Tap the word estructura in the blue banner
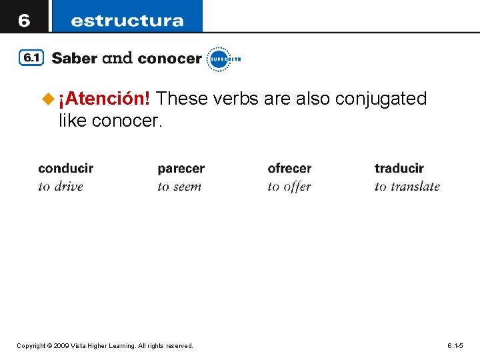point(127,20)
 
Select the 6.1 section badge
point(31,59)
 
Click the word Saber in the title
point(73,59)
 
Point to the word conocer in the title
point(170,59)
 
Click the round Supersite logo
point(219,59)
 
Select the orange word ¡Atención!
point(104,99)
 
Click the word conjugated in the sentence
point(381,99)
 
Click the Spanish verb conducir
point(66,168)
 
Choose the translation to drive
point(61,186)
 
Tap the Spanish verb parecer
point(181,168)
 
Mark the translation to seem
point(179,186)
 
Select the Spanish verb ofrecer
point(289,168)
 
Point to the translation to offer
point(289,186)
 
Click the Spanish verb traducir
point(399,168)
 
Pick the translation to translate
point(407,186)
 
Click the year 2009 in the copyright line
point(61,346)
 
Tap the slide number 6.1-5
point(455,346)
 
